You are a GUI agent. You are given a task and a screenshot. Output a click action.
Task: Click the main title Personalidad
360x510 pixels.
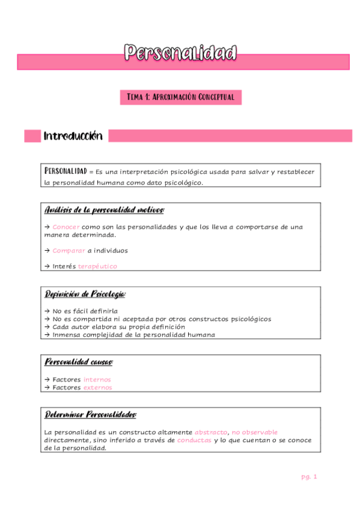point(180,53)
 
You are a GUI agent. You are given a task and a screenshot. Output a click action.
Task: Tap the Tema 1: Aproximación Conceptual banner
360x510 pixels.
point(180,97)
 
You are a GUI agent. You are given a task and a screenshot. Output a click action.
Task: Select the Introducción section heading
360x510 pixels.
point(73,137)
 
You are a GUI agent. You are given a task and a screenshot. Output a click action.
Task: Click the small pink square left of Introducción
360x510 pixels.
point(32,137)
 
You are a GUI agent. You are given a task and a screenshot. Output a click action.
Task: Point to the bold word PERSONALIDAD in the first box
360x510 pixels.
point(66,171)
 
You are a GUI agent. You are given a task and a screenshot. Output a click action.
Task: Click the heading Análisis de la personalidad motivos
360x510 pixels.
point(105,210)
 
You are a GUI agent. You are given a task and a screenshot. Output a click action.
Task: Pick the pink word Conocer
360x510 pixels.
point(66,227)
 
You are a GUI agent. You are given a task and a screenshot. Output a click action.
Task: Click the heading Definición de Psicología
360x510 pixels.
point(85,294)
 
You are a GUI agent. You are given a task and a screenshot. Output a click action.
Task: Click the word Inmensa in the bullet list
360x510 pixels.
point(67,334)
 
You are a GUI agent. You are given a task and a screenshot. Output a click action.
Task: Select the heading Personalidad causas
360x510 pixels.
point(79,362)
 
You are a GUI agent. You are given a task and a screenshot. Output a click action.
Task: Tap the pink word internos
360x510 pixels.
point(97,379)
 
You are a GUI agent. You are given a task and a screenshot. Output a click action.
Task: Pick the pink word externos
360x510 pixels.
point(97,387)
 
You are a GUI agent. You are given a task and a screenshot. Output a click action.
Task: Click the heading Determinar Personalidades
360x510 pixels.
point(91,415)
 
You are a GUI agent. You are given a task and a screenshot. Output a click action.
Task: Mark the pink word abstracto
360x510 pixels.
point(211,432)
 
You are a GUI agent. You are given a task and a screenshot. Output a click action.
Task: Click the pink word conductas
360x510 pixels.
point(194,440)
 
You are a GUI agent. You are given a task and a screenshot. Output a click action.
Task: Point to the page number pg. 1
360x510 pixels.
point(309,476)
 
